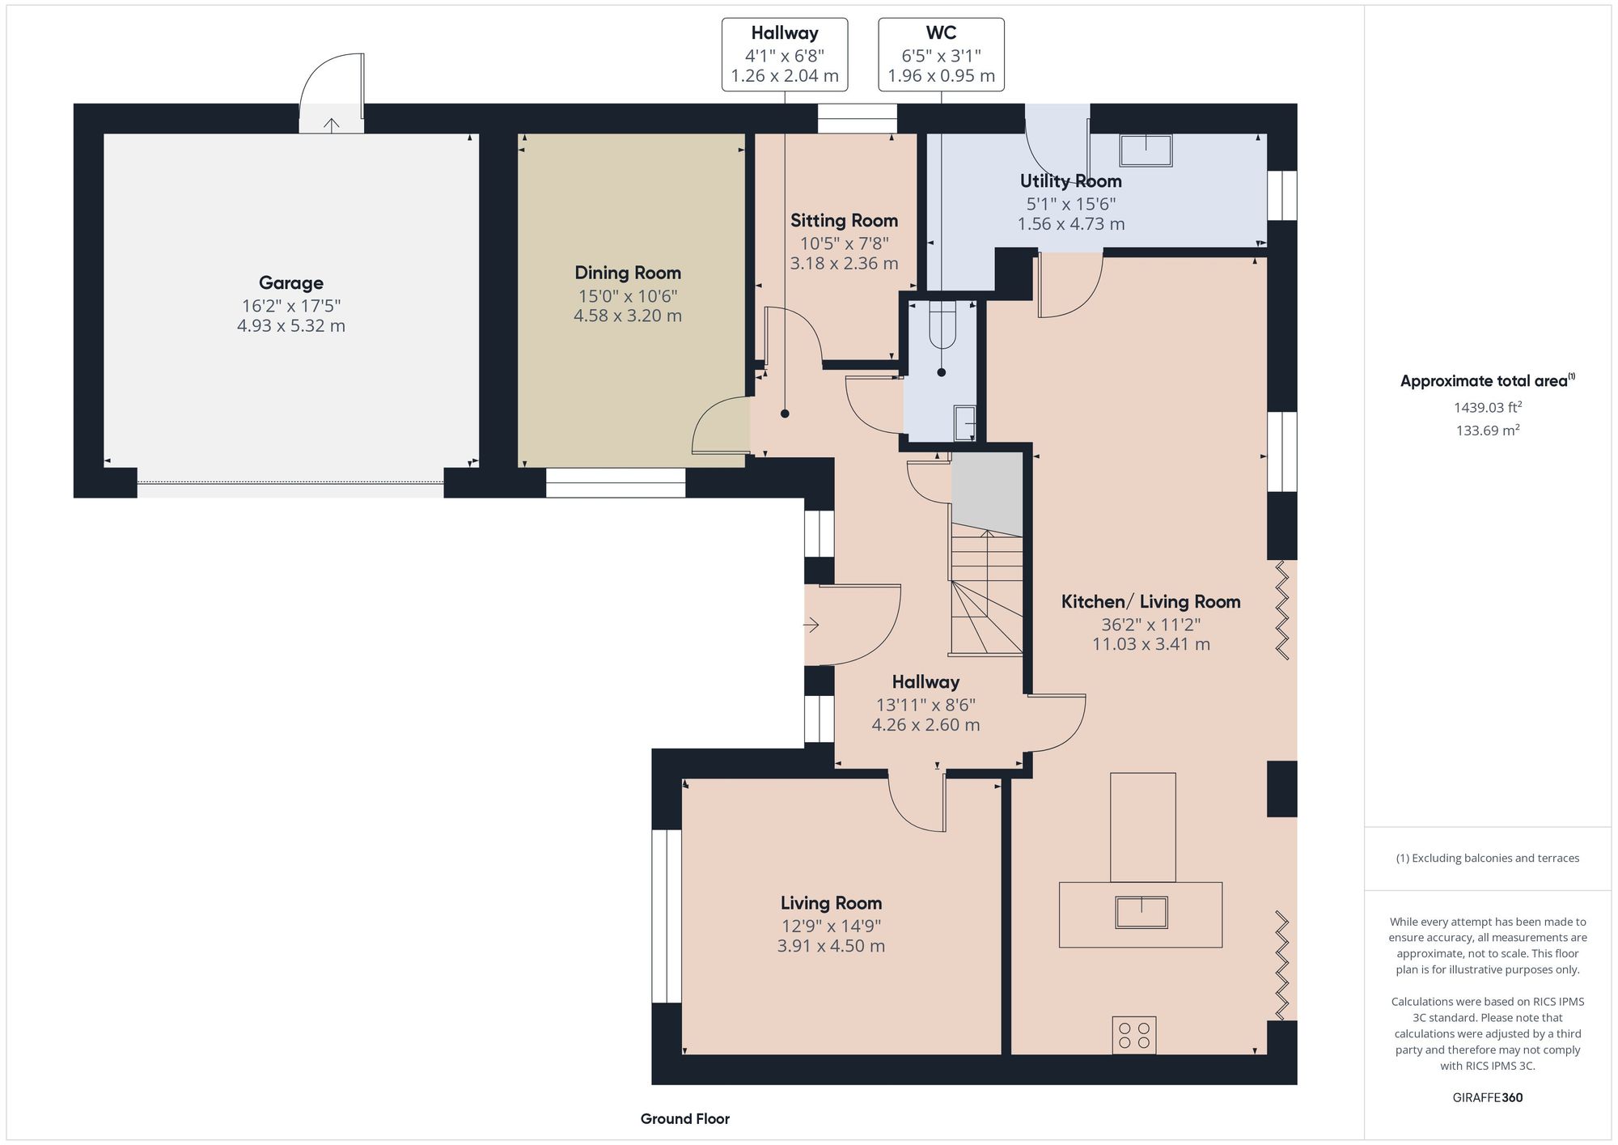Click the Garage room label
pos(290,283)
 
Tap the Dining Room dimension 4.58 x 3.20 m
pos(627,316)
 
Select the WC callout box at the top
pos(941,54)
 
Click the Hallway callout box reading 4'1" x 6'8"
pos(784,54)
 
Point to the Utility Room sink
pos(1146,151)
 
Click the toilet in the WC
pos(942,324)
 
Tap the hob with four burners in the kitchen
pos(1133,1035)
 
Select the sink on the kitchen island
pos(1141,913)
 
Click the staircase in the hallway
pos(986,591)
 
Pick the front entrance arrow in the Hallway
pos(811,625)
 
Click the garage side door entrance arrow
pos(332,124)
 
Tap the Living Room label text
pos(831,903)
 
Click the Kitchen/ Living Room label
pos(1150,602)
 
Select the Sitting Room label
pos(844,221)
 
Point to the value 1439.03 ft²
pos(1487,408)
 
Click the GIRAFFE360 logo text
pos(1487,1098)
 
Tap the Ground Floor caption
pos(684,1119)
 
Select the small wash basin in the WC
pos(964,422)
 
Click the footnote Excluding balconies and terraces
pos(1487,859)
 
